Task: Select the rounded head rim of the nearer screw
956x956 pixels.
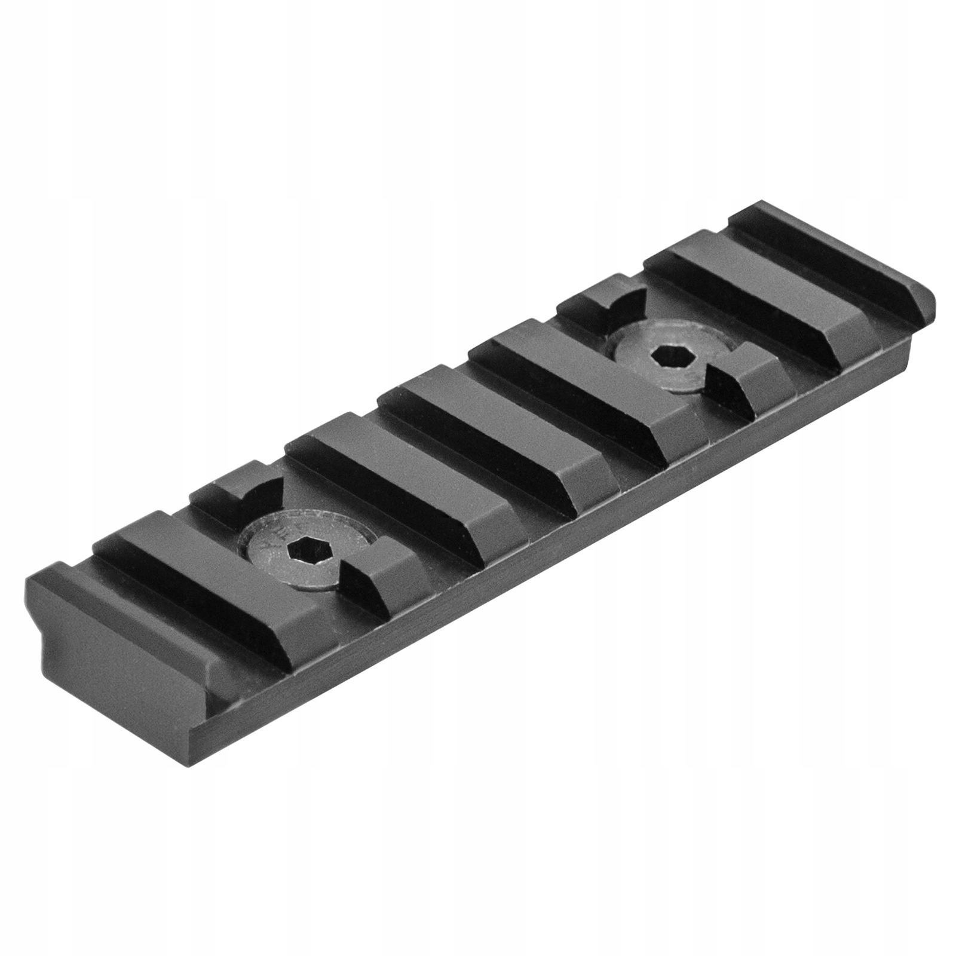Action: [263, 538]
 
